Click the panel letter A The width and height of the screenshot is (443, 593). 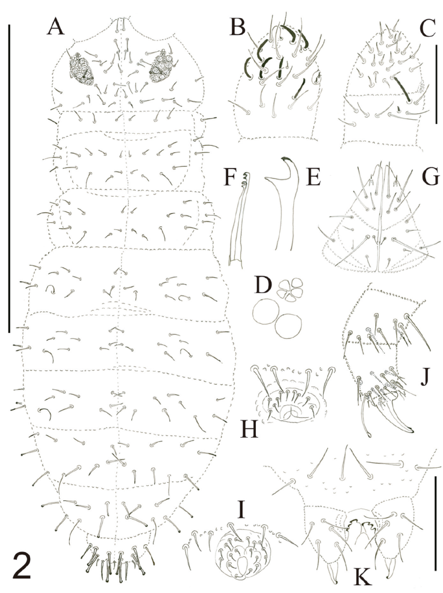pos(55,26)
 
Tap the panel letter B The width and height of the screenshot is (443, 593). pos(237,27)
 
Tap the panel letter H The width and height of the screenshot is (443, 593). pos(249,429)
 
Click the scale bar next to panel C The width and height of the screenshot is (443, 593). pos(436,84)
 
